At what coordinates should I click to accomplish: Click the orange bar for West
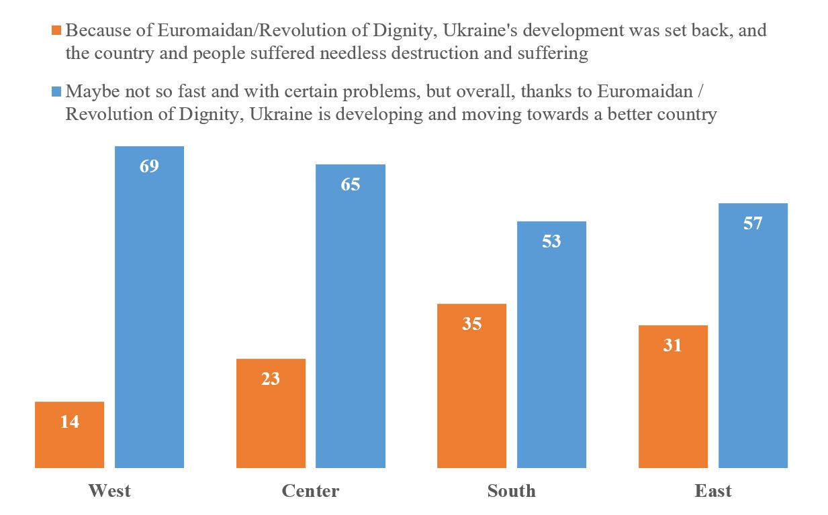pos(69,443)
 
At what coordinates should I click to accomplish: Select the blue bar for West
pos(149,315)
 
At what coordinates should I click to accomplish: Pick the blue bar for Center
pos(351,322)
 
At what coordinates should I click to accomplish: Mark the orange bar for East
pos(673,402)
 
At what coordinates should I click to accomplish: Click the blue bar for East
pos(753,342)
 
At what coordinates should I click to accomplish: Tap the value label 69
pos(149,166)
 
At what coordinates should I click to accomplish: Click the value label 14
pos(69,422)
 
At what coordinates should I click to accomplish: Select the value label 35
pos(471,324)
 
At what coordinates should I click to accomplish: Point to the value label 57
pos(753,223)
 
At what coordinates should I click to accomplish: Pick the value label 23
pos(271,379)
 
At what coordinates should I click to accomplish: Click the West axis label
pos(109,491)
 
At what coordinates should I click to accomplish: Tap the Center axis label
pos(310,491)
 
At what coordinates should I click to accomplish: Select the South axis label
pos(512,491)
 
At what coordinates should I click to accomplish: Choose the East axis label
pos(713,491)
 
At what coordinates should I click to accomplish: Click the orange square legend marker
pos(56,31)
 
